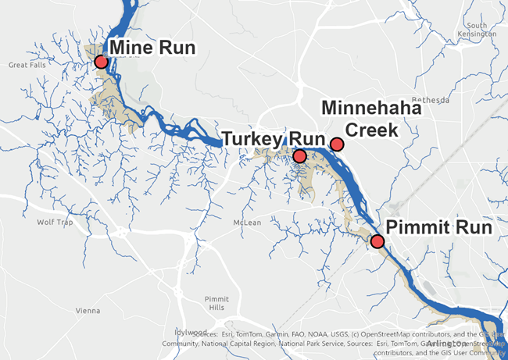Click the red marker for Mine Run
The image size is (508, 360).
[x=101, y=62]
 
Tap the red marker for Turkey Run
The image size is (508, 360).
[x=299, y=156]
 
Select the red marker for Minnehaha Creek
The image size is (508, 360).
[x=337, y=144]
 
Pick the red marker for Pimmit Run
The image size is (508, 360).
[x=377, y=241]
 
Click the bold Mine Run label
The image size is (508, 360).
[x=152, y=48]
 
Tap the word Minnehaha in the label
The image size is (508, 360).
[x=371, y=108]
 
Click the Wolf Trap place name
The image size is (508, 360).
[x=54, y=222]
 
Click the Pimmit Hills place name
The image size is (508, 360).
[x=215, y=303]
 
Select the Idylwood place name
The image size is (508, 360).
[x=175, y=332]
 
